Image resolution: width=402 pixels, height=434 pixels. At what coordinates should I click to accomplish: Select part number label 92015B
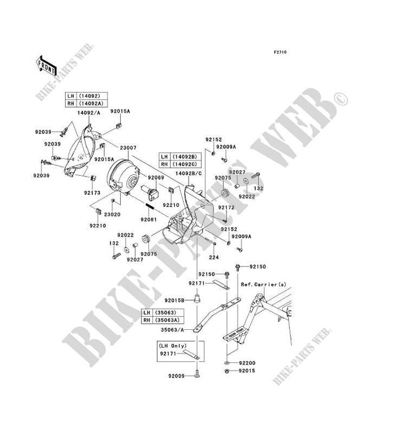click(174, 299)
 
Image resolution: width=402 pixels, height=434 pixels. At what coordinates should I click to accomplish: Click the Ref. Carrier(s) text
click(263, 284)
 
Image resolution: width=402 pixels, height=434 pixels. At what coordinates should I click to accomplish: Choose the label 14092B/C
click(188, 173)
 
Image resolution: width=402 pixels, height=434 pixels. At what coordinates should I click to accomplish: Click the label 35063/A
click(171, 329)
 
